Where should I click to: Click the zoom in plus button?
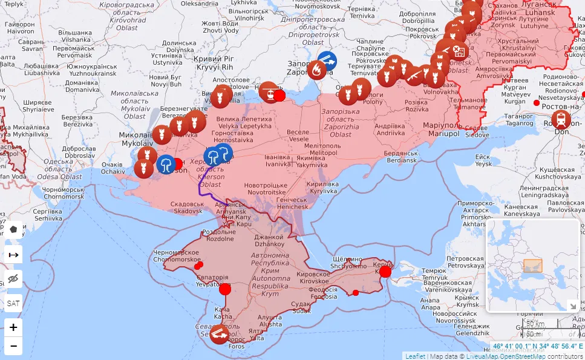pyautogui.click(x=13, y=327)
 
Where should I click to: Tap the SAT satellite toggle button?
pyautogui.click(x=13, y=303)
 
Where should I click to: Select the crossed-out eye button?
pyautogui.click(x=13, y=279)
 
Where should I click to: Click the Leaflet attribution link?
pyautogui.click(x=415, y=356)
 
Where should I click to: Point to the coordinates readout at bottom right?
pyautogui.click(x=537, y=347)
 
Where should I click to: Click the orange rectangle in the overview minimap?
pyautogui.click(x=532, y=266)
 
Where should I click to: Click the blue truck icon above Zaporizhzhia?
pyautogui.click(x=327, y=61)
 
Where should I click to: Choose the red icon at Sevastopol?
pyautogui.click(x=218, y=333)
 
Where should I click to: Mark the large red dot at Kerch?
pyautogui.click(x=385, y=272)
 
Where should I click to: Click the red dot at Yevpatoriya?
pyautogui.click(x=225, y=289)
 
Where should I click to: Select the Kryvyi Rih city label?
pyautogui.click(x=217, y=63)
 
